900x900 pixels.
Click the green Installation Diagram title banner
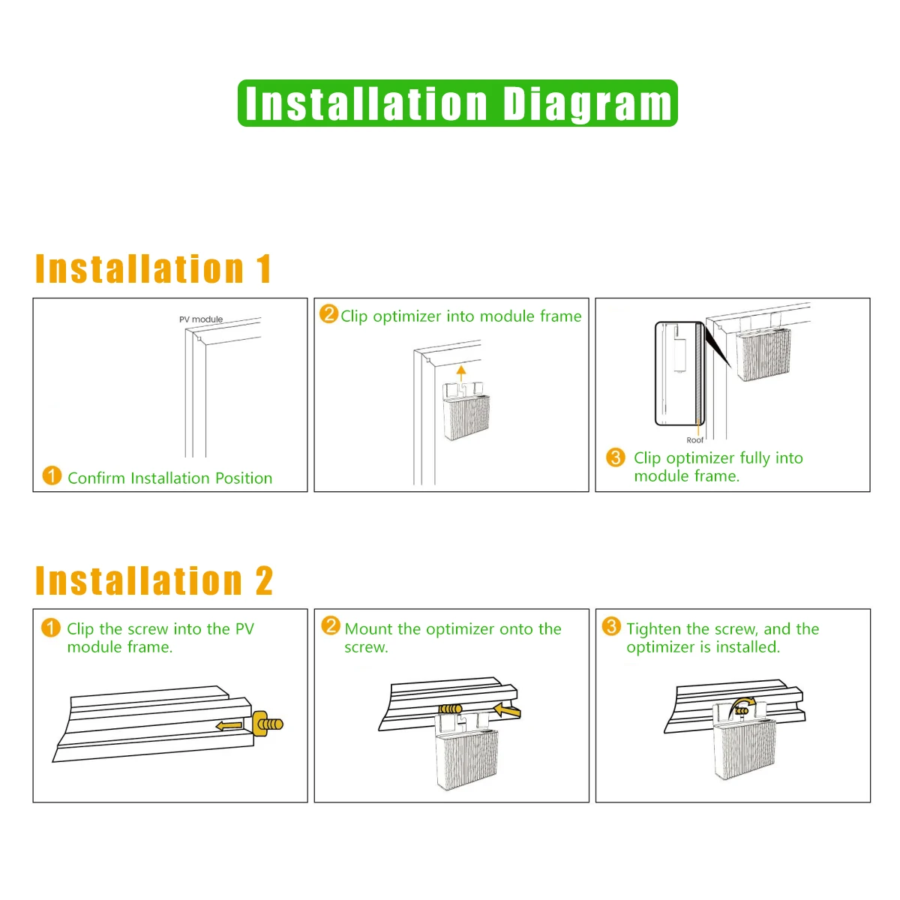[457, 103]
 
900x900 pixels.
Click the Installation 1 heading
[153, 268]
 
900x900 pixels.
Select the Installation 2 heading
[154, 580]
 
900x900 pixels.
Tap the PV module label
[201, 319]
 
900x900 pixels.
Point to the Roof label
[694, 440]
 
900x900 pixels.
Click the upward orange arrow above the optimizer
[461, 373]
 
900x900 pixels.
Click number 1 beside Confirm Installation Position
[52, 475]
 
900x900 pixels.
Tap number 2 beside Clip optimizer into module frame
[328, 313]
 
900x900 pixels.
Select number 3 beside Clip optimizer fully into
[615, 457]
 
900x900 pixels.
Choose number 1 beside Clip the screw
[51, 628]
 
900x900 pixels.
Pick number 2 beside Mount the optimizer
[331, 625]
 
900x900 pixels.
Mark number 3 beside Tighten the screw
[611, 625]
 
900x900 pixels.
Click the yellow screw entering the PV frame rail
[267, 724]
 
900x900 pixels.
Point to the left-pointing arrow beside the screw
[229, 726]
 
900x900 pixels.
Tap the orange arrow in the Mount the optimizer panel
[507, 711]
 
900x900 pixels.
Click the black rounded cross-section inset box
[679, 373]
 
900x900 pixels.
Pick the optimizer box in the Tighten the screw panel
[742, 747]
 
